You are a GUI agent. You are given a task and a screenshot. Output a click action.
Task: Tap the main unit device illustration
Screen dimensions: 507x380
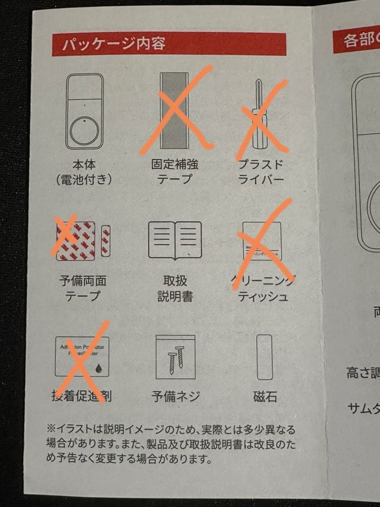click(x=84, y=111)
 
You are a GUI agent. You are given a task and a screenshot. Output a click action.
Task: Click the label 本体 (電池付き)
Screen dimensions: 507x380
click(x=84, y=172)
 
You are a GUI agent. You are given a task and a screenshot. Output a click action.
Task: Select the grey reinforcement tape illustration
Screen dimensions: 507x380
click(x=174, y=111)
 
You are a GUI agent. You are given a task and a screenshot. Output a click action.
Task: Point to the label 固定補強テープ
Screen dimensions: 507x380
click(x=175, y=171)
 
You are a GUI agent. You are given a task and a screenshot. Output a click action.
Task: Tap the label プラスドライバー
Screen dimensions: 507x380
click(x=261, y=172)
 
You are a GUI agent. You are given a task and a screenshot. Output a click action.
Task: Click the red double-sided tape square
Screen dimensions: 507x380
click(x=76, y=241)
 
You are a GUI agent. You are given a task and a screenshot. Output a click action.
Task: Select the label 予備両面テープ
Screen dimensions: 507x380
click(x=83, y=288)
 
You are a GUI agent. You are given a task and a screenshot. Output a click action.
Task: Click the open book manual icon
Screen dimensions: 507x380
click(x=175, y=240)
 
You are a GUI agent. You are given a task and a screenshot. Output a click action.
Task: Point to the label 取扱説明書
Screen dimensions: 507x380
click(x=175, y=288)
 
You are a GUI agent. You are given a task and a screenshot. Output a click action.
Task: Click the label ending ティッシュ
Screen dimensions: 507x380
click(x=262, y=297)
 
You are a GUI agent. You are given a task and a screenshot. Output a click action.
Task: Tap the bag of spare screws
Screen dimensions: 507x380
click(x=175, y=357)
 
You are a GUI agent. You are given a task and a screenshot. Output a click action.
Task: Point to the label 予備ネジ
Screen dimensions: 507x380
click(x=175, y=396)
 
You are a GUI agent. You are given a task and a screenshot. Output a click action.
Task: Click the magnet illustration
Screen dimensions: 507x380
click(x=265, y=357)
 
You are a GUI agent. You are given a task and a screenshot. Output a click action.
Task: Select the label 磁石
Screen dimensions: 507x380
click(x=265, y=397)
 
